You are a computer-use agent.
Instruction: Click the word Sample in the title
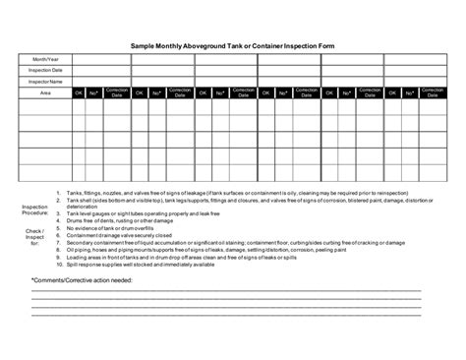coord(145,44)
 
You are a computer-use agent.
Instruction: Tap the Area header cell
coord(45,93)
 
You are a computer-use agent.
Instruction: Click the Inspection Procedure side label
coord(34,211)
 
